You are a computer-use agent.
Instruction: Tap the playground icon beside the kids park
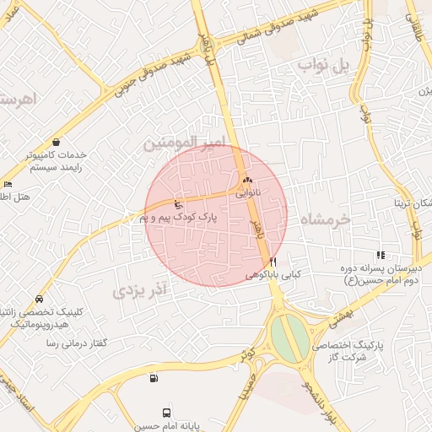(x=177, y=204)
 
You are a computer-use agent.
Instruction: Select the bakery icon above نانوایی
(x=247, y=181)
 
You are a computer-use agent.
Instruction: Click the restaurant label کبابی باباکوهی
(x=273, y=275)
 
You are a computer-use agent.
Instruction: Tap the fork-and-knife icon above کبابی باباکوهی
(x=273, y=262)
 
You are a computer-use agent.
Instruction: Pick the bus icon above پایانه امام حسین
(x=167, y=413)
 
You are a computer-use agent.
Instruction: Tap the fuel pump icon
(x=153, y=378)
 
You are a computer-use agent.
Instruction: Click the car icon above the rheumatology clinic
(x=40, y=299)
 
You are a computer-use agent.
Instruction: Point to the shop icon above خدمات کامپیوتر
(x=56, y=142)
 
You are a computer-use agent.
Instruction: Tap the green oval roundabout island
(x=289, y=335)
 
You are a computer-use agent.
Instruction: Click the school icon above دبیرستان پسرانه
(x=381, y=255)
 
